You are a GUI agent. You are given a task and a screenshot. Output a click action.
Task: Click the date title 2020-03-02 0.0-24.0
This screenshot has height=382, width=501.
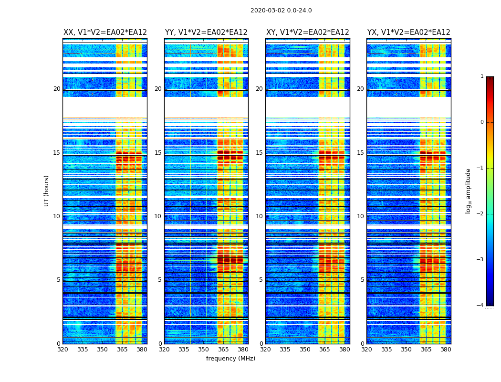click(281, 11)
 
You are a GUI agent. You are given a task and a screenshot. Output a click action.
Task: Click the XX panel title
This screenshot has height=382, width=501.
click(105, 32)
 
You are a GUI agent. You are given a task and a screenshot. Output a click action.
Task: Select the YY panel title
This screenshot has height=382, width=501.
click(206, 32)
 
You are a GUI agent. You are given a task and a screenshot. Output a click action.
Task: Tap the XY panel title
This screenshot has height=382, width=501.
click(308, 32)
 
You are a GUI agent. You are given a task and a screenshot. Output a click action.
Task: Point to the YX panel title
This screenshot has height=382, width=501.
click(409, 32)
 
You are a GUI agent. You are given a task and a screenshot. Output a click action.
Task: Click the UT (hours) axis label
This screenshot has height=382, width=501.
click(47, 191)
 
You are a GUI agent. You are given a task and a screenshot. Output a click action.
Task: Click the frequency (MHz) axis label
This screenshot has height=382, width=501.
click(230, 359)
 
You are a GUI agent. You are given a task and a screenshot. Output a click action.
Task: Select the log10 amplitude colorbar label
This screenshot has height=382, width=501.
click(469, 191)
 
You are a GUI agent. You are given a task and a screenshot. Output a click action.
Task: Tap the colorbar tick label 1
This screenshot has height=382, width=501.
click(482, 76)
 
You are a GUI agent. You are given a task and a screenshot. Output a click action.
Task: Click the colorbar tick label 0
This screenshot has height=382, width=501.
click(482, 122)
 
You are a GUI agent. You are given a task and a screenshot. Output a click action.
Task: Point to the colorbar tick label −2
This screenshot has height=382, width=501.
click(481, 214)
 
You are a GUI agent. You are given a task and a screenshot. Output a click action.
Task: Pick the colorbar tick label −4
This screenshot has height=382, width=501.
click(481, 306)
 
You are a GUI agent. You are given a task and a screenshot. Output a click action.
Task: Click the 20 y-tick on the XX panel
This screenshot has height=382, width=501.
click(57, 89)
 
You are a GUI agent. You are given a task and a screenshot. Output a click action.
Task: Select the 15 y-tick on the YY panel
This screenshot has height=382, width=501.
click(158, 153)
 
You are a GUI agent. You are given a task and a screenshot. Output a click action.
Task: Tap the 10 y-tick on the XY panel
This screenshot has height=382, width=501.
click(259, 216)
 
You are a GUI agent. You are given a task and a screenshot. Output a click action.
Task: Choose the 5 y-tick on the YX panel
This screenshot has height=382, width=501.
click(362, 280)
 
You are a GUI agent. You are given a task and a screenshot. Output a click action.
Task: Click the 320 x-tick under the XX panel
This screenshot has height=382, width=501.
click(63, 350)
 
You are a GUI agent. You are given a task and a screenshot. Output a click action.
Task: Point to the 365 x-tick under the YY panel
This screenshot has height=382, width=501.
click(223, 350)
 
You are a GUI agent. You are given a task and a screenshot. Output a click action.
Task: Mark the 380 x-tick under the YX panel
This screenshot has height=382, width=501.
click(446, 350)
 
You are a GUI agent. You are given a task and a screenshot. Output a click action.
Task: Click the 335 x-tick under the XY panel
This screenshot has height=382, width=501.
click(285, 350)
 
